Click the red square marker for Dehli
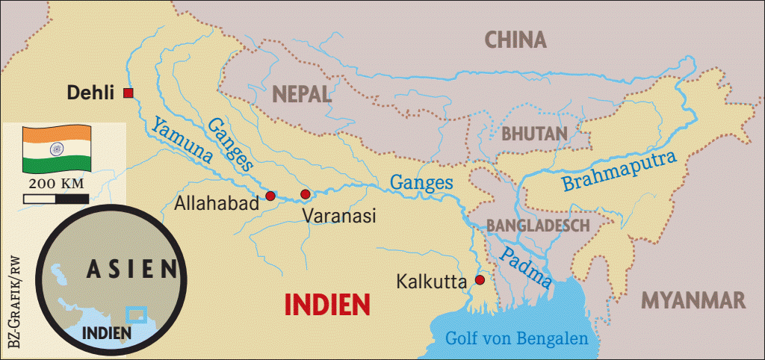pyautogui.click(x=128, y=93)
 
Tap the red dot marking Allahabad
pyautogui.click(x=270, y=196)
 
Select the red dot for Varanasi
pyautogui.click(x=305, y=194)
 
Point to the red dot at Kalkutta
pyautogui.click(x=480, y=280)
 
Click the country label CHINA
pyautogui.click(x=515, y=40)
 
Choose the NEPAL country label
pyautogui.click(x=301, y=94)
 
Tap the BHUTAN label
pyautogui.click(x=534, y=134)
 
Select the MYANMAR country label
pyautogui.click(x=694, y=300)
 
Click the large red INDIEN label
pyautogui.click(x=328, y=304)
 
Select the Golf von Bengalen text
pyautogui.click(x=516, y=338)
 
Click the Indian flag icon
pyautogui.click(x=56, y=148)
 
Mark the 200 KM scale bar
pyautogui.click(x=56, y=199)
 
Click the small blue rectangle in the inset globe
pyautogui.click(x=135, y=314)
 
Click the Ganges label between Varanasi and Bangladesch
pyautogui.click(x=422, y=181)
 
